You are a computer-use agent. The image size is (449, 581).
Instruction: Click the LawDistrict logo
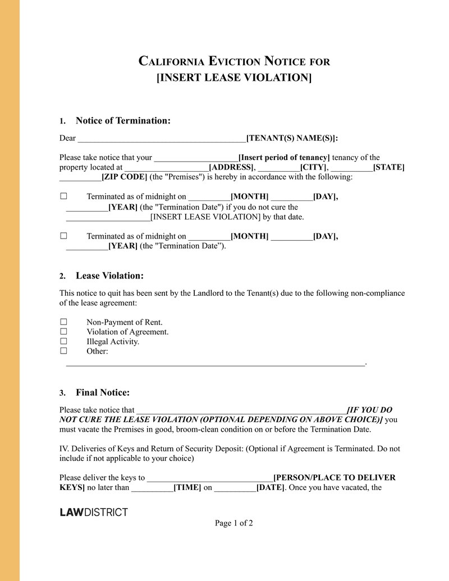pyautogui.click(x=94, y=512)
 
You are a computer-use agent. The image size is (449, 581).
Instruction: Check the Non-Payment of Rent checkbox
pyautogui.click(x=63, y=322)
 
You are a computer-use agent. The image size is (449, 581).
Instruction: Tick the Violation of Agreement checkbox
pyautogui.click(x=63, y=332)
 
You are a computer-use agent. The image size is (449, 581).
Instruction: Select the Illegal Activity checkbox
pyautogui.click(x=63, y=341)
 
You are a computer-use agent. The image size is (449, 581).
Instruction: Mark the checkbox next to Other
pyautogui.click(x=63, y=351)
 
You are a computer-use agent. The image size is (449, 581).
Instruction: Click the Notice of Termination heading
pyautogui.click(x=123, y=121)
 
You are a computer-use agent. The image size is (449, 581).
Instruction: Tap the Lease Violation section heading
pyautogui.click(x=109, y=276)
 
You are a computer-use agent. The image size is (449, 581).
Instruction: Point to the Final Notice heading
pyautogui.click(x=103, y=392)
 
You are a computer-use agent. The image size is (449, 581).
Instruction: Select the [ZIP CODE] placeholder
pyautogui.click(x=124, y=177)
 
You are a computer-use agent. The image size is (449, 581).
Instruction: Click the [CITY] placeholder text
pyautogui.click(x=314, y=167)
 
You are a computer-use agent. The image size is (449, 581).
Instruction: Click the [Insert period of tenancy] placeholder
pyautogui.click(x=284, y=158)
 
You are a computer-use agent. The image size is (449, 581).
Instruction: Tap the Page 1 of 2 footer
pyautogui.click(x=234, y=523)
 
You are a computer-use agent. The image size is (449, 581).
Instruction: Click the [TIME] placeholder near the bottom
pyautogui.click(x=187, y=487)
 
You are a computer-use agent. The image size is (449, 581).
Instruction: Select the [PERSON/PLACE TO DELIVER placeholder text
pyautogui.click(x=334, y=478)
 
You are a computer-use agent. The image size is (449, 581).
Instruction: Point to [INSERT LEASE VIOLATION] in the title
pyautogui.click(x=233, y=77)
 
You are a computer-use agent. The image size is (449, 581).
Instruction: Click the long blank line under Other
pyautogui.click(x=215, y=364)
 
